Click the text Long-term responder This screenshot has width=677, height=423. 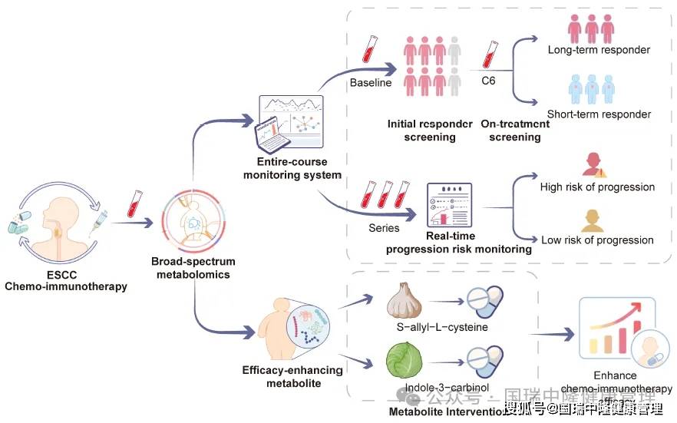point(599,50)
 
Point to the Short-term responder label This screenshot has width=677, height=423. point(599,114)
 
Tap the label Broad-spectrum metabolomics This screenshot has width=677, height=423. point(193,268)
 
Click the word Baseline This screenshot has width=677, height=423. point(371,82)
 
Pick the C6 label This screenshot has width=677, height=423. point(488,80)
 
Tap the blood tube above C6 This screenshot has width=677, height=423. point(487,54)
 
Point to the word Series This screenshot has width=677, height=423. point(384,227)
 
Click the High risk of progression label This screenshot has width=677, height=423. point(598,187)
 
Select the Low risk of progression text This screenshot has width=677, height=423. point(598,240)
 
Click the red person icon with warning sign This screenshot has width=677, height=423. point(594,164)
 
